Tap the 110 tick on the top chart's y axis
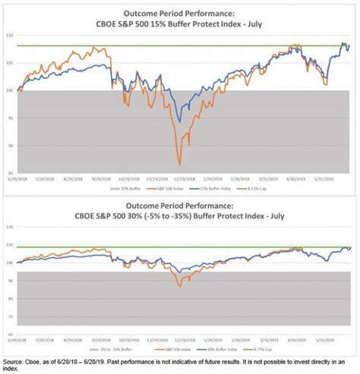(x=10, y=36)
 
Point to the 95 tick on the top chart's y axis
(x=10, y=118)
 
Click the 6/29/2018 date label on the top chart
(x=21, y=180)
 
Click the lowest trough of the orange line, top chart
(x=179, y=164)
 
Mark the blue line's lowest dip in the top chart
(x=179, y=121)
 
